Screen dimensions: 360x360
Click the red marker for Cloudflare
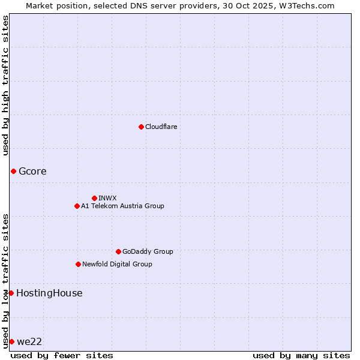point(141,127)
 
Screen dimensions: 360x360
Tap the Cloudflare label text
point(161,127)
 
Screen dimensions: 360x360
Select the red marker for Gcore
point(13,172)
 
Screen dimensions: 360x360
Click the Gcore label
point(32,172)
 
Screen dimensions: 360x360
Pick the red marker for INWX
point(94,198)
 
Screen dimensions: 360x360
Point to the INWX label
point(107,198)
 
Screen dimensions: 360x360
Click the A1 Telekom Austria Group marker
point(77,206)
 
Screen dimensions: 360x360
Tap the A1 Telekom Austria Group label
point(122,206)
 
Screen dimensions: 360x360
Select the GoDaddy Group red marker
point(118,251)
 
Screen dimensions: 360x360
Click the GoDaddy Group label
point(147,251)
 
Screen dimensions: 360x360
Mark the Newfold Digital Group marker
point(78,264)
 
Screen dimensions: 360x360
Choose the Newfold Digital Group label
point(117,264)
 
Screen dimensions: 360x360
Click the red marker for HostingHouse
point(11,293)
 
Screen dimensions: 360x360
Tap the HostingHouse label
point(49,293)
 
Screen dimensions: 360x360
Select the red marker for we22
point(11,341)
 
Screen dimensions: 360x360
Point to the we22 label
point(29,342)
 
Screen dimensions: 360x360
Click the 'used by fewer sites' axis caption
point(62,355)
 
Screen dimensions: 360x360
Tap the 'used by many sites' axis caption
point(301,355)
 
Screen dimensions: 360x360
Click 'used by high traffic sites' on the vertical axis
point(6,86)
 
